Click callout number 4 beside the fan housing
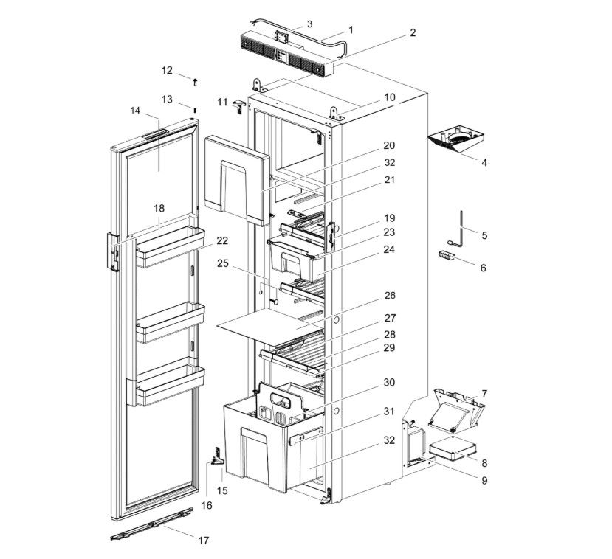tap(484, 162)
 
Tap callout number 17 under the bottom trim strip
tap(204, 540)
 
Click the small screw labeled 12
tap(195, 82)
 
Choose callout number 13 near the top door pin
tap(167, 99)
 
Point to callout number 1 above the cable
tap(351, 30)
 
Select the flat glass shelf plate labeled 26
tap(269, 324)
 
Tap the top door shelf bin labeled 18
tap(169, 247)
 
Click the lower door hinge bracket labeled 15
tap(217, 457)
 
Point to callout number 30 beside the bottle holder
tap(388, 383)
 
